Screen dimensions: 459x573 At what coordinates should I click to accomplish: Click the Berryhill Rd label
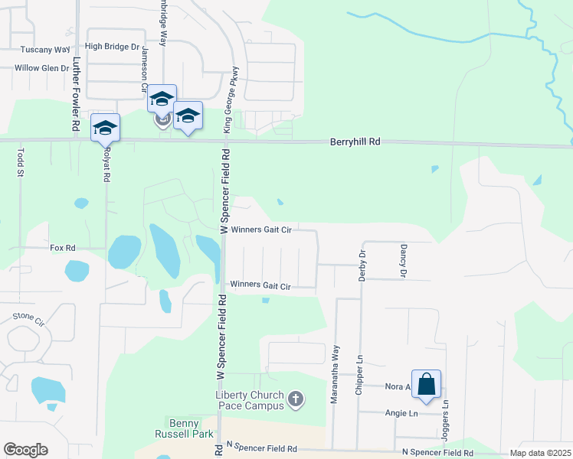point(355,142)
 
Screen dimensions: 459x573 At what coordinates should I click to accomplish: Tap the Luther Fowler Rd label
point(77,83)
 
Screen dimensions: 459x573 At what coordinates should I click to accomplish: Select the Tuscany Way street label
point(45,50)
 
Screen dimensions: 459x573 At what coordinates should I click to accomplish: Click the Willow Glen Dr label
point(42,68)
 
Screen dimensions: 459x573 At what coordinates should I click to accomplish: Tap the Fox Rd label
point(63,248)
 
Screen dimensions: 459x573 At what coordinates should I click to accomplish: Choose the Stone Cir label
point(28,316)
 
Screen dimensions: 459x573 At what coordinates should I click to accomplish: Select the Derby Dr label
point(363,265)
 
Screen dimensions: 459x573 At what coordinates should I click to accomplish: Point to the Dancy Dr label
point(402,260)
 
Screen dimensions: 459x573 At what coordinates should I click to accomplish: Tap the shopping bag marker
point(426,385)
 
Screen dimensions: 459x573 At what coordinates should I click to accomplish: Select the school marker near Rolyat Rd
point(105,128)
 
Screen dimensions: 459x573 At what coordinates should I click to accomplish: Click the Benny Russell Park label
point(186,428)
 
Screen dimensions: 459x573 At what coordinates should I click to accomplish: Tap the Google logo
point(25,450)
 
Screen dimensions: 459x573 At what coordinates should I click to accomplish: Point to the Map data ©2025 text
point(539,453)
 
